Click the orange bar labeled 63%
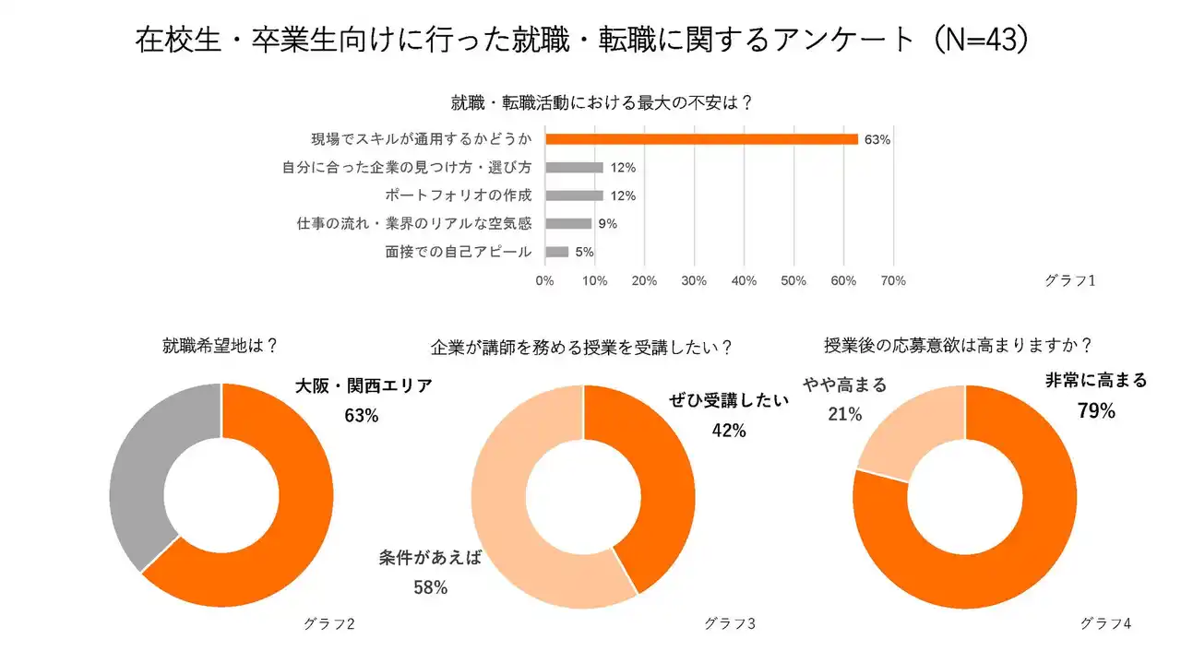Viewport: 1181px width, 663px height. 701,139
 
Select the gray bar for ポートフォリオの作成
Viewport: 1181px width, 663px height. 574,195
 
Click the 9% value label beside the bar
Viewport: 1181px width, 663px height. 607,224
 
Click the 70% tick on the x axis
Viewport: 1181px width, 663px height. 893,280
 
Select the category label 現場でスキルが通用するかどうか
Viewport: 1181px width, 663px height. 422,140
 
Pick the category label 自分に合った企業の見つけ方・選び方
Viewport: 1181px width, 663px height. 407,168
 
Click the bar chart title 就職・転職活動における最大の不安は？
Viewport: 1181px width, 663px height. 602,102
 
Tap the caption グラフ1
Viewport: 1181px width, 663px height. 1070,280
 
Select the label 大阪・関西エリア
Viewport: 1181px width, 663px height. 364,386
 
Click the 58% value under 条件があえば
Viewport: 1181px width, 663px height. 430,587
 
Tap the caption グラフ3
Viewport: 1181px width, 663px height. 730,624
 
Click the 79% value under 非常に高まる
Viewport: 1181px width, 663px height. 1096,411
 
